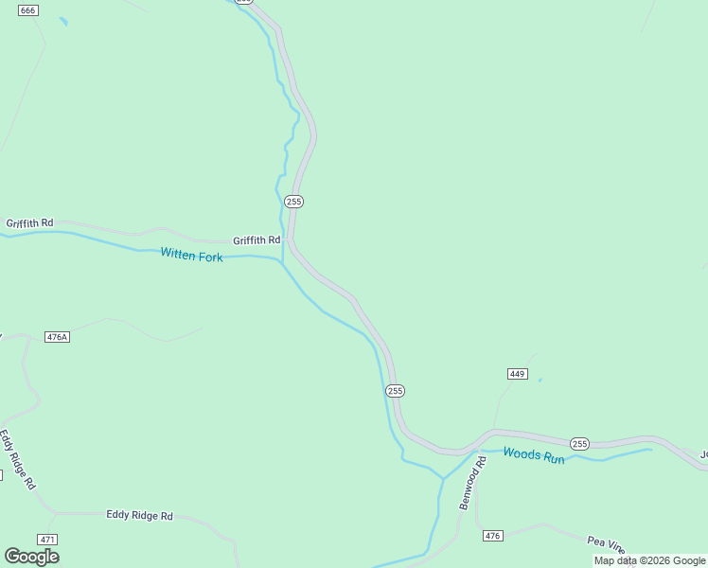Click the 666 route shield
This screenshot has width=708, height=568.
coord(27,10)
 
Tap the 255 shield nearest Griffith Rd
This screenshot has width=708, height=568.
coord(293,202)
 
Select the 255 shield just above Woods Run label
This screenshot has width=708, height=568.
coord(579,444)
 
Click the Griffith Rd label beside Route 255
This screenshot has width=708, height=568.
coord(257,240)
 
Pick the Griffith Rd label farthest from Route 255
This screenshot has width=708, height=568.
coord(29,223)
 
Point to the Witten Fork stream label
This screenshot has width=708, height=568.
coord(191,255)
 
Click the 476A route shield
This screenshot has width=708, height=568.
coord(58,337)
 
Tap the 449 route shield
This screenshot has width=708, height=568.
coord(517,374)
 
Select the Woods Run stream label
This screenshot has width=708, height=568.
coord(533,455)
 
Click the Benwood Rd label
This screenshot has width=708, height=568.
coord(472,483)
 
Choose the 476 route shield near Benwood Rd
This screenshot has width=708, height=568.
coord(492,536)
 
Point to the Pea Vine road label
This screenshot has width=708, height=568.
coord(606,544)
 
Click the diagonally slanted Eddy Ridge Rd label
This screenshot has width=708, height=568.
coord(17,459)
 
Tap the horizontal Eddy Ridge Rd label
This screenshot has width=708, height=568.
coord(139,516)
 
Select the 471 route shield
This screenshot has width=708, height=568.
coord(47,539)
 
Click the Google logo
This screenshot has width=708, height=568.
coord(31,557)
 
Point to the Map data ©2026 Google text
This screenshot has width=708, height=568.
coord(649,560)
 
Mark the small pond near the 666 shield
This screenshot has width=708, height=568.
coord(63,21)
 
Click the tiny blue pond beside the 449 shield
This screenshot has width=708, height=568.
coord(540,381)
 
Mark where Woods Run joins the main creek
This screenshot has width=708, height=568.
coord(443,478)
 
